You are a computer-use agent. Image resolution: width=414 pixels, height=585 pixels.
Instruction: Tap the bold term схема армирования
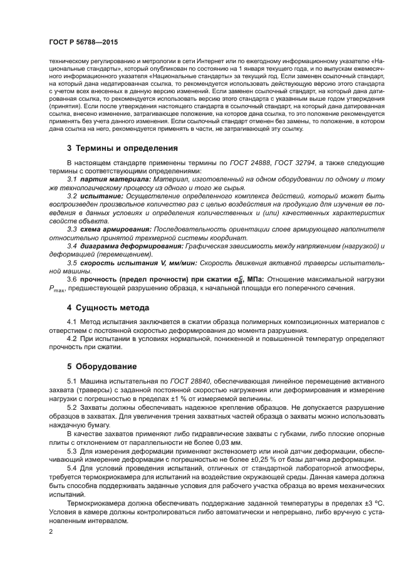pos(115,230)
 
